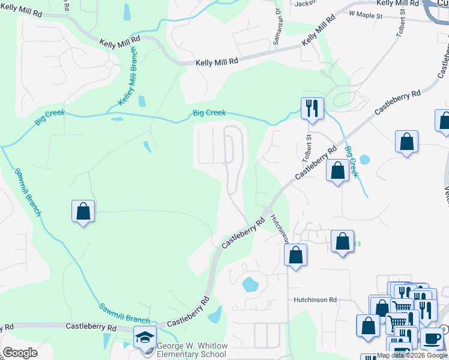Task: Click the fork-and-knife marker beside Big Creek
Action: click(312, 109)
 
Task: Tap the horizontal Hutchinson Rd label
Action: click(315, 299)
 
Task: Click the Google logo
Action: click(20, 353)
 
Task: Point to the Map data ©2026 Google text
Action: click(412, 356)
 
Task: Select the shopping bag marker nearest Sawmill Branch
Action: click(83, 211)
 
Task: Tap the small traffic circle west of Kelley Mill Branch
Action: click(109, 64)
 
